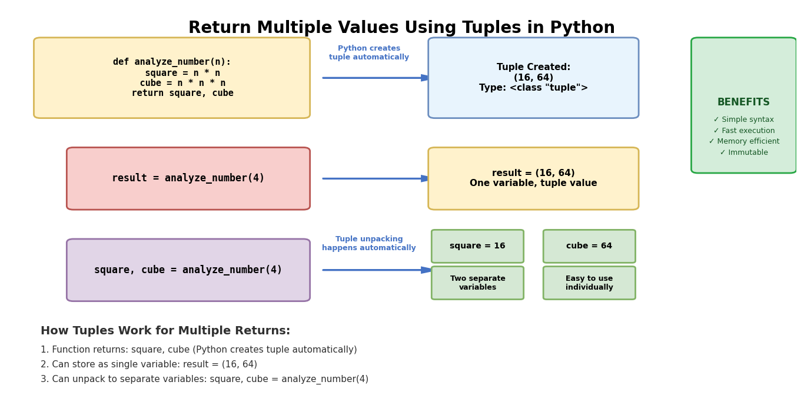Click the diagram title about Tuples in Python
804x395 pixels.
click(401, 27)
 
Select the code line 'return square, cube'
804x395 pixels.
click(182, 93)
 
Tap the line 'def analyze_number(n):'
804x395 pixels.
click(172, 62)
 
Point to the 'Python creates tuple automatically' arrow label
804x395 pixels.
click(369, 52)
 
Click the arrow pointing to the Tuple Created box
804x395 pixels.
click(376, 78)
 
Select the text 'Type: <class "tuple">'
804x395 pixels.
click(533, 88)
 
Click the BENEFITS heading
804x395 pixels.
click(743, 102)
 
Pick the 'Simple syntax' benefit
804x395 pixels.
click(743, 120)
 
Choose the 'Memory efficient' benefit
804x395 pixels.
click(744, 141)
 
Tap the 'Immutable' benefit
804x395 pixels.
click(744, 152)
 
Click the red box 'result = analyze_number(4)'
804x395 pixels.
click(188, 178)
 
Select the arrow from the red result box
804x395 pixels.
click(376, 178)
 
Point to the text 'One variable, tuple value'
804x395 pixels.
click(533, 183)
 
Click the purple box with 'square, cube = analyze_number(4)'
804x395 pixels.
click(188, 270)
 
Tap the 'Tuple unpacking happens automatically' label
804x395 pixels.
click(369, 243)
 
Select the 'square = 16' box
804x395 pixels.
click(477, 246)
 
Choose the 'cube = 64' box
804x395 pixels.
click(589, 246)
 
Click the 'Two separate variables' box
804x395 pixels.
click(477, 283)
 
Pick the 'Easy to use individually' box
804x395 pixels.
click(589, 283)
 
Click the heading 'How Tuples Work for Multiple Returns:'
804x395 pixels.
click(165, 330)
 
